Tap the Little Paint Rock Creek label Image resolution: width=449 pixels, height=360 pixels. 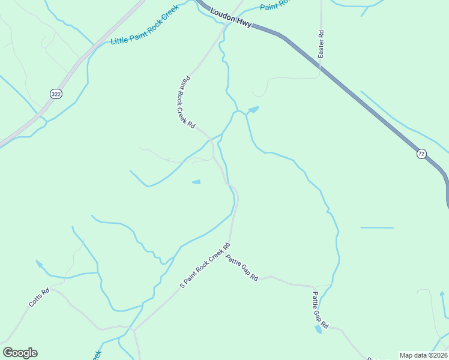tap(145, 32)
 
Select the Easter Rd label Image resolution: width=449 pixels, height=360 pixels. tap(321, 44)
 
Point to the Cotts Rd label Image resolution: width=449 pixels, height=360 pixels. tap(40, 297)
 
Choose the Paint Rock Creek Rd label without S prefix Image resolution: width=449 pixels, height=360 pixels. tap(185, 102)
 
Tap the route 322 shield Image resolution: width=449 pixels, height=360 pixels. tap(56, 94)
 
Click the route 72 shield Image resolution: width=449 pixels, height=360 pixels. tap(421, 154)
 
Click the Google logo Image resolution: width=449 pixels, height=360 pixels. tap(20, 353)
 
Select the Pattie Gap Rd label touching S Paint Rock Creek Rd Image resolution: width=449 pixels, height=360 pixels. tap(242, 268)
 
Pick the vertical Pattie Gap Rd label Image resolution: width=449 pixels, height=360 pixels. tap(320, 310)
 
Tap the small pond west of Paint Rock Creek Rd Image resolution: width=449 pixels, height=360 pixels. tap(196, 182)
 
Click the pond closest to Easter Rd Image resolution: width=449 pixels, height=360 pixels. tap(253, 110)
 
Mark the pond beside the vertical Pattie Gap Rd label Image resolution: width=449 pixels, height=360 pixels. tap(318, 329)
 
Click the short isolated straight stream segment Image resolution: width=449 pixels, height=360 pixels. tap(377, 228)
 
